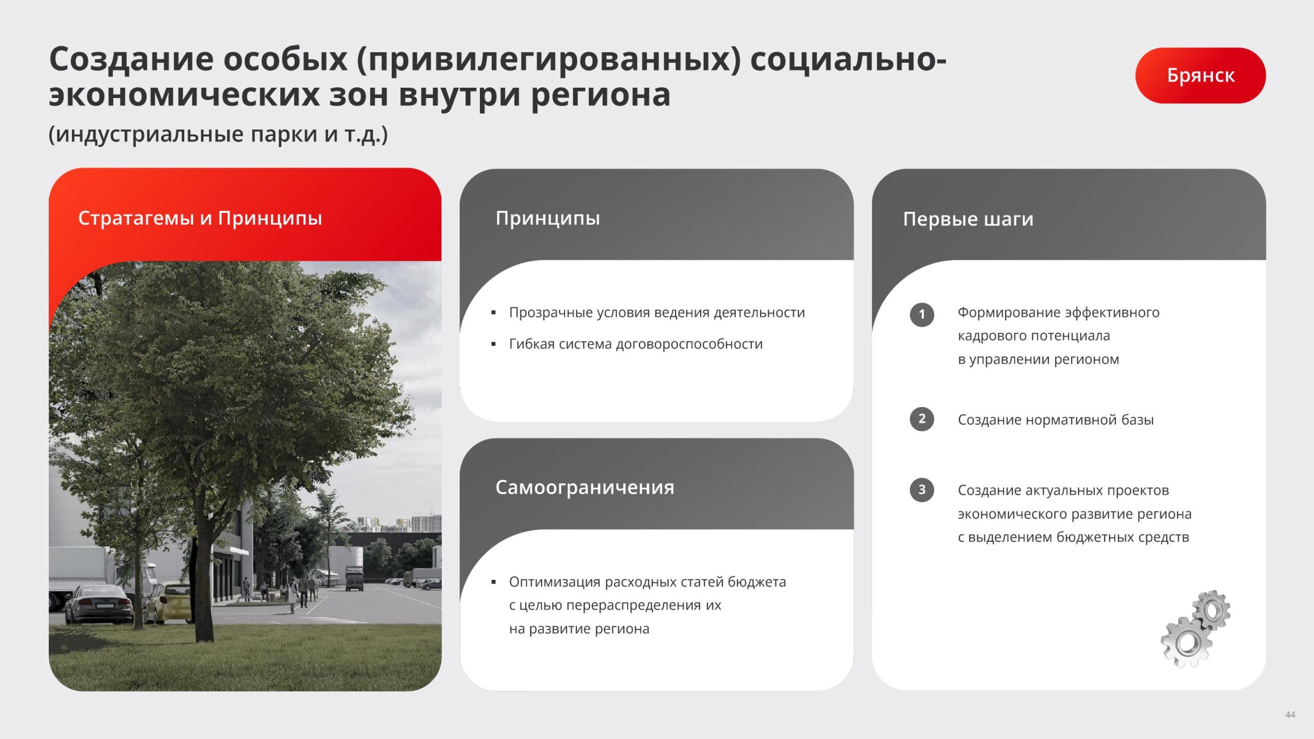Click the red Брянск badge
point(1200,75)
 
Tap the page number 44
point(1290,714)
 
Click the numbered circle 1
point(921,314)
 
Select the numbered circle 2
point(921,419)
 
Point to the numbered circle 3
point(921,490)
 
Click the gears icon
point(1195,629)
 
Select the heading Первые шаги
point(968,219)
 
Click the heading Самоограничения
point(585,487)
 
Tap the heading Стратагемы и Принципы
point(200,218)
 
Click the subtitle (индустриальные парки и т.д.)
point(218,134)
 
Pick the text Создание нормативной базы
point(1055,420)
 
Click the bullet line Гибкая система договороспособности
point(635,344)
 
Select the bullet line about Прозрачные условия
point(656,313)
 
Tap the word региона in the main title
point(601,96)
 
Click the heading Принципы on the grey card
point(548,218)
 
